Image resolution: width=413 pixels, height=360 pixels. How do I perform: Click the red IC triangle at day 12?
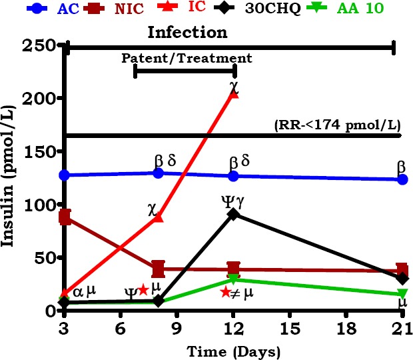[x=234, y=93]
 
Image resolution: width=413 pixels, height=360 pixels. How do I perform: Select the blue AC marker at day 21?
[x=402, y=179]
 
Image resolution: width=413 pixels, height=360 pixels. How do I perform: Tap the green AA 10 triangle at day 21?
[x=402, y=294]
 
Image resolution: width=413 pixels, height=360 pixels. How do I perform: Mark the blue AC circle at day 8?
[x=159, y=173]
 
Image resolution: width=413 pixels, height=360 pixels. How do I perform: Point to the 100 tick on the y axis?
[x=44, y=205]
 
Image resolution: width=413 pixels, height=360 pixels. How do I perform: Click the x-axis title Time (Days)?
[x=234, y=350]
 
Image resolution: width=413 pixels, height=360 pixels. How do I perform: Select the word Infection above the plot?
[x=187, y=31]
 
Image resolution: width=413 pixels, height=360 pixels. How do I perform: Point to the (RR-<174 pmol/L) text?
[x=336, y=125]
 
